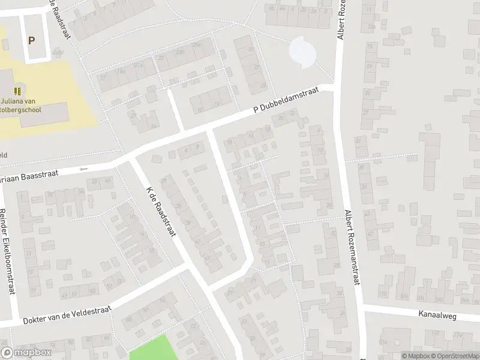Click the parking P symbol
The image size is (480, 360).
coord(31,41)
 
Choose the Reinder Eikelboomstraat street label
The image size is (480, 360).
coord(7,250)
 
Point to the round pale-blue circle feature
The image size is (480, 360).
coord(302,51)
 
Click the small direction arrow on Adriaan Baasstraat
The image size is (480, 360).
coord(83,169)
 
